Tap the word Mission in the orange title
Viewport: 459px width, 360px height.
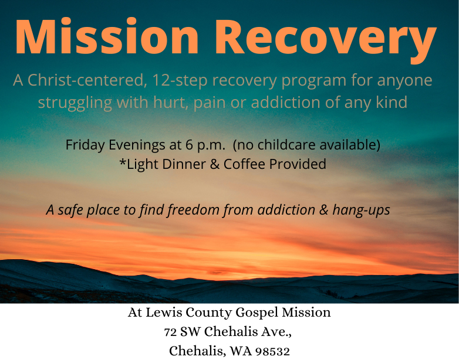107,36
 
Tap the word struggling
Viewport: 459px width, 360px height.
75,103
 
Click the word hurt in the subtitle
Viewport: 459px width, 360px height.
171,103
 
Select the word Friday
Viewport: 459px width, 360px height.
85,145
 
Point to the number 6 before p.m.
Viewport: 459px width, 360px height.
189,145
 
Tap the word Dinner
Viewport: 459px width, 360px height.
184,164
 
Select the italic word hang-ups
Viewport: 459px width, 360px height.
361,210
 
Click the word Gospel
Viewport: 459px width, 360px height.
256,313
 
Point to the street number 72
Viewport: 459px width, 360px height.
170,332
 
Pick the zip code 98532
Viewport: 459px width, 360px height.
273,351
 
